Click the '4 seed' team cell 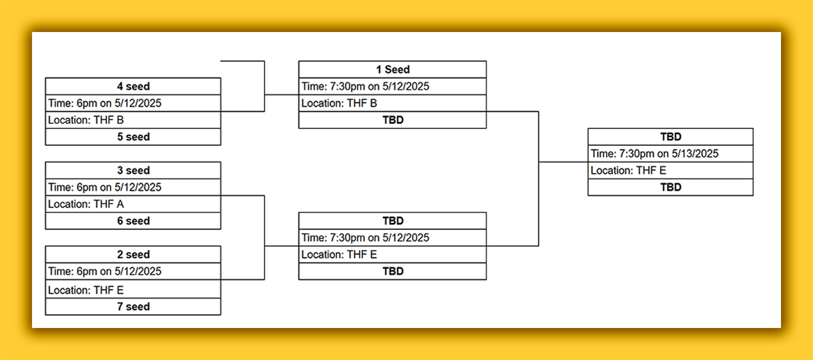[133, 86]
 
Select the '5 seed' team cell [133, 137]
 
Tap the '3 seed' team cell [133, 171]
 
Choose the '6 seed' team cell [133, 221]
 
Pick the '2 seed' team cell [133, 254]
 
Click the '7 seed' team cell [133, 306]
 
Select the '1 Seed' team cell [393, 69]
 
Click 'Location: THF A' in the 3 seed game [133, 204]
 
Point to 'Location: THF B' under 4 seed [133, 120]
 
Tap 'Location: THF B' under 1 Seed [393, 104]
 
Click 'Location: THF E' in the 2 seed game [133, 289]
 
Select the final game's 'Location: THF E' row [671, 171]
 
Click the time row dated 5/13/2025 [671, 154]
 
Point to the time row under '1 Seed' [393, 87]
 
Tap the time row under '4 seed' [133, 104]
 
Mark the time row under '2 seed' [133, 271]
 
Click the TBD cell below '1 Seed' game [393, 120]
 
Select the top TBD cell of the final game [671, 137]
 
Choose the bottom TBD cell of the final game [671, 187]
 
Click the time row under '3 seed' [133, 187]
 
